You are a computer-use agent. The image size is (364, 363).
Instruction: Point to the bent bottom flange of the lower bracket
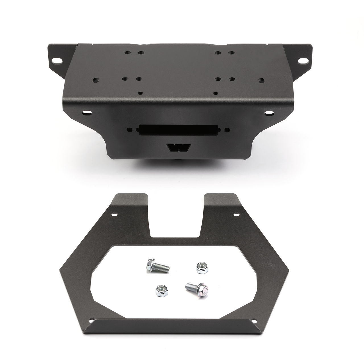176,333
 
